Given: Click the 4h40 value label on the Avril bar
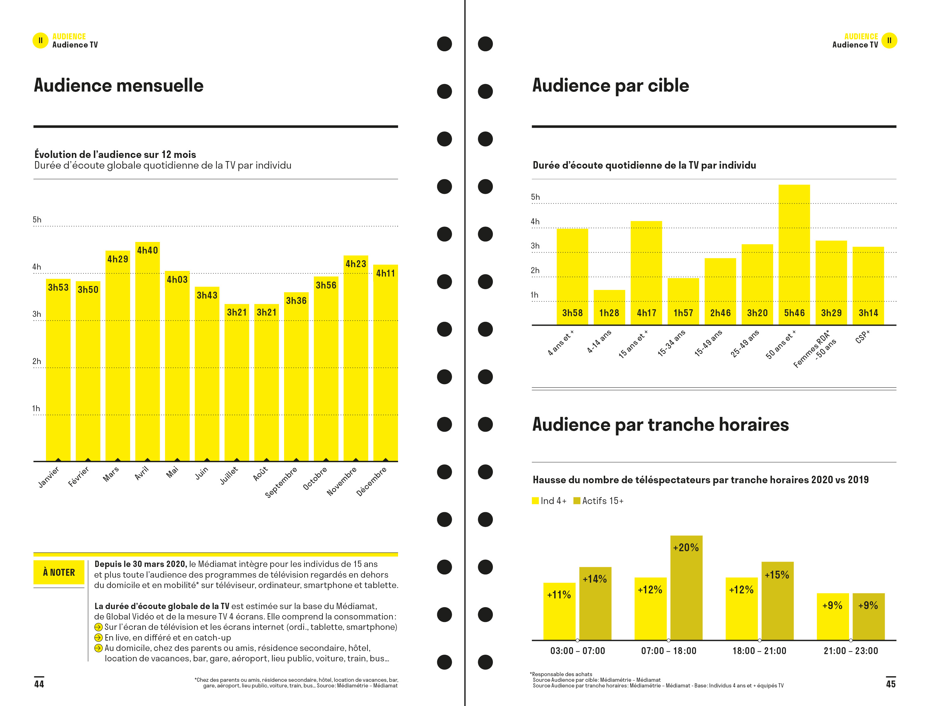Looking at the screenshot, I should tap(147, 250).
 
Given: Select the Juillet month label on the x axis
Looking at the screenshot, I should tap(229, 476).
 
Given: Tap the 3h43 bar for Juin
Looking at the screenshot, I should tap(207, 374).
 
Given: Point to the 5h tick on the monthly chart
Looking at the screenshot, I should tap(37, 220).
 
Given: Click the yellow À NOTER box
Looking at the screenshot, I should tap(59, 572).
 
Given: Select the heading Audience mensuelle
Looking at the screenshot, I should tap(119, 85).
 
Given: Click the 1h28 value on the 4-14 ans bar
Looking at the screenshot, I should tap(609, 313).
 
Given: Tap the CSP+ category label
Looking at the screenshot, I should tap(862, 337).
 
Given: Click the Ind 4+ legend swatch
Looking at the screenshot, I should tap(535, 501).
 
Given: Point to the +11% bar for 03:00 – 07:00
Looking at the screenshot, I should tap(559, 611).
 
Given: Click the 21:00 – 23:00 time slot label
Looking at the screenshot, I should tap(851, 651).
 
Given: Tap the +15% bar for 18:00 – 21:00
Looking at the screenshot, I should tap(777, 601).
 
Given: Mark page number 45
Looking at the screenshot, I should tap(890, 684).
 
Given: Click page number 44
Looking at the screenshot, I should tap(39, 684).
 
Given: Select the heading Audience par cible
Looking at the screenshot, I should tap(610, 85).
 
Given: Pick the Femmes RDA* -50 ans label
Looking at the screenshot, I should tap(815, 349).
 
